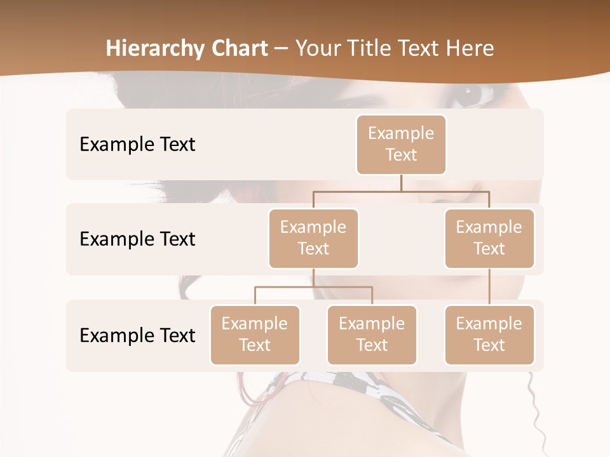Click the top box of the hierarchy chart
[x=401, y=145]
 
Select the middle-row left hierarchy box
[x=313, y=239]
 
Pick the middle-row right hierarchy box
[x=489, y=239]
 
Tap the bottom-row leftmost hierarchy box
[x=255, y=335]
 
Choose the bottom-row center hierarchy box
[x=372, y=335]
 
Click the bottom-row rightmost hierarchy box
[x=489, y=335]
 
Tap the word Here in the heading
[x=470, y=48]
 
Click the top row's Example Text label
[x=137, y=145]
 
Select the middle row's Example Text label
[x=137, y=239]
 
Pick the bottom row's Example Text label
[x=137, y=335]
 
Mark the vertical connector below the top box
[x=401, y=183]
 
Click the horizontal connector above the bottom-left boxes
[x=313, y=287]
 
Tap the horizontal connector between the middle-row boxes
[x=401, y=191]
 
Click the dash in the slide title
[x=281, y=49]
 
